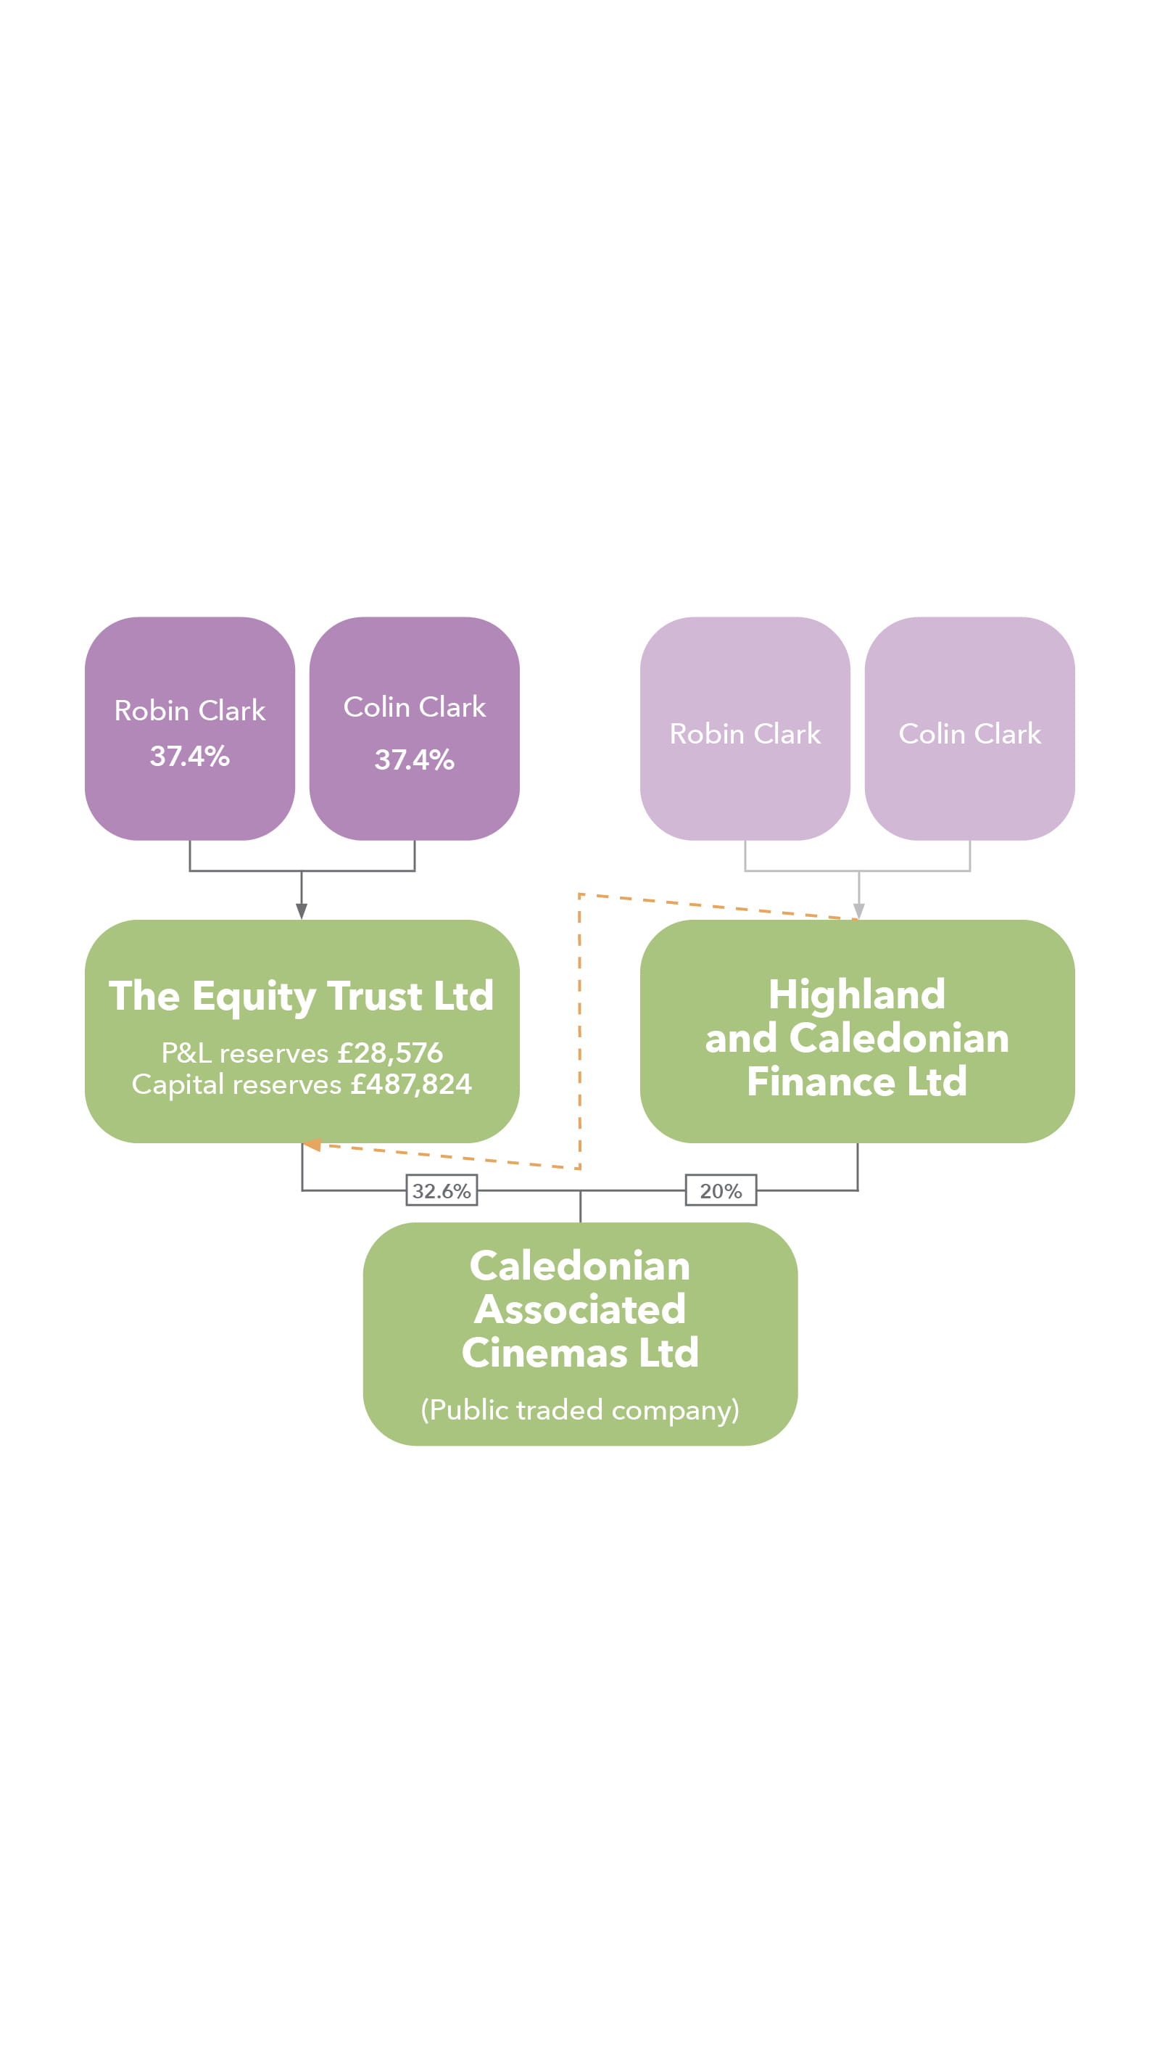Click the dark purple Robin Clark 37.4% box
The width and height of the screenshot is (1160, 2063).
[x=190, y=728]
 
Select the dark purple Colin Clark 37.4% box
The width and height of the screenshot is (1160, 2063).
[x=414, y=728]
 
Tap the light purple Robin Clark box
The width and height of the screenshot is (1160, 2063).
[x=745, y=728]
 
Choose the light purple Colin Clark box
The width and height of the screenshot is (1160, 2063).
[x=969, y=728]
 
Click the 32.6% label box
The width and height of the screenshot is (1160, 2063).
[x=441, y=1190]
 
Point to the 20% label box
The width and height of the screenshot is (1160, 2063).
[x=721, y=1190]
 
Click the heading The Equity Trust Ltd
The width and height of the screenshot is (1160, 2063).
[x=301, y=996]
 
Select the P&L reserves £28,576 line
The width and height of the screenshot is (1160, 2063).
[x=301, y=1053]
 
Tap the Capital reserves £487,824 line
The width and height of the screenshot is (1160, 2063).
[x=301, y=1084]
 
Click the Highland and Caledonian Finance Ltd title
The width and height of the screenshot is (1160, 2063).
[x=857, y=1037]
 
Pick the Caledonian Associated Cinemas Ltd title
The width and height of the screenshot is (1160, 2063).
[x=579, y=1309]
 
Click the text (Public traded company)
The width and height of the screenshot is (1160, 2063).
[x=579, y=1409]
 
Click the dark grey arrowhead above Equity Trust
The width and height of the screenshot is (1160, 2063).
[x=301, y=910]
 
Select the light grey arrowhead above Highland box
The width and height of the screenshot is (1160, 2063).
[x=858, y=910]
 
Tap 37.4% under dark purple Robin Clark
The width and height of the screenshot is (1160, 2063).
[x=190, y=755]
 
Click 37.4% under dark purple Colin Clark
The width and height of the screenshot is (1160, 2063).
[x=414, y=759]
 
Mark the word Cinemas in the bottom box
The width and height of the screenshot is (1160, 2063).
[x=544, y=1353]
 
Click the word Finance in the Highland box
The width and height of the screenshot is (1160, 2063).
[x=821, y=1081]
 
